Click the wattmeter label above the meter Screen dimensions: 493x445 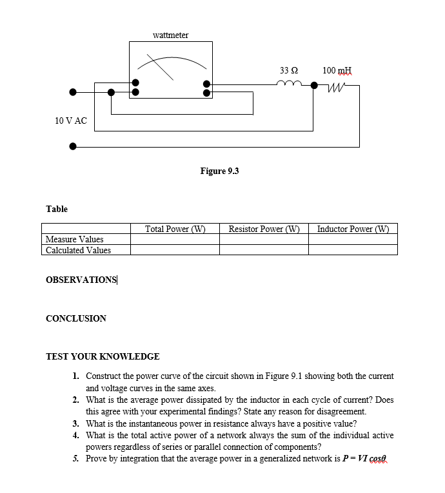click(x=170, y=35)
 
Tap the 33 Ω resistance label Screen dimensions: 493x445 click(x=288, y=70)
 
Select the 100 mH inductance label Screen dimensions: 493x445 click(x=337, y=70)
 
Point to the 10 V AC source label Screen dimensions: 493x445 click(x=71, y=121)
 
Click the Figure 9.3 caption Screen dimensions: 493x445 click(x=219, y=171)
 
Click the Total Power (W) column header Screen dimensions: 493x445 click(x=175, y=229)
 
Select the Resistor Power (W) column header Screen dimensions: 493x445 click(x=264, y=229)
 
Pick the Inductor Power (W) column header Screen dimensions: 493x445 click(x=353, y=229)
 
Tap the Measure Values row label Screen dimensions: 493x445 click(x=75, y=240)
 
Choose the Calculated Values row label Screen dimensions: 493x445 click(x=78, y=250)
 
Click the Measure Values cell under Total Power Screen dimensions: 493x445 click(x=175, y=240)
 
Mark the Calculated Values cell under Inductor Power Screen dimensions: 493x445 click(x=353, y=250)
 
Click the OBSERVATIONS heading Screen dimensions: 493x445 click(x=81, y=280)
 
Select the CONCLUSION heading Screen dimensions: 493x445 click(x=76, y=318)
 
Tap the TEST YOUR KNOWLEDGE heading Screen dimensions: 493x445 click(x=103, y=356)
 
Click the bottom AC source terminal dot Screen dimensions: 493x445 click(x=73, y=146)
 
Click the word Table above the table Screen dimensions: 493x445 click(x=57, y=209)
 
